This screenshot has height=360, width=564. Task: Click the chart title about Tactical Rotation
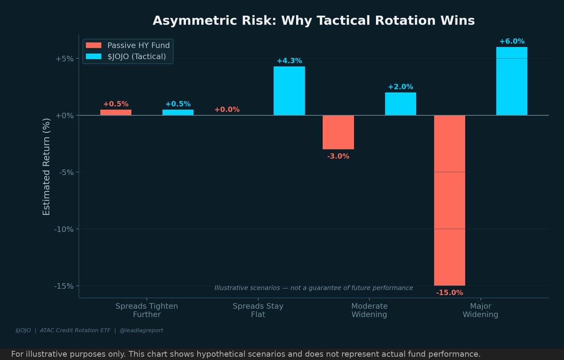pyautogui.click(x=313, y=21)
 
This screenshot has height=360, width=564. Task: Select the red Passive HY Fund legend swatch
pyautogui.click(x=94, y=45)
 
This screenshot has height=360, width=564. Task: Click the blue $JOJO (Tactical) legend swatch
pyautogui.click(x=94, y=57)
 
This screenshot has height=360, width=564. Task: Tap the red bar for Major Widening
pyautogui.click(x=449, y=200)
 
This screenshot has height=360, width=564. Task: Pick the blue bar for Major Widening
pyautogui.click(x=511, y=81)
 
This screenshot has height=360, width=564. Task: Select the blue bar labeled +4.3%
pyautogui.click(x=289, y=91)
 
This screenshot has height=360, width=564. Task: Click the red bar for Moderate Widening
pyautogui.click(x=338, y=132)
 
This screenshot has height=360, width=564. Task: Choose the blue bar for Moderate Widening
pyautogui.click(x=400, y=104)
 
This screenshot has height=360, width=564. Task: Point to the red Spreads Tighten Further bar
pyautogui.click(x=116, y=112)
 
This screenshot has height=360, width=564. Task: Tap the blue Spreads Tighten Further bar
pyautogui.click(x=178, y=112)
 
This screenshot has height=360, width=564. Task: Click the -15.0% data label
pyautogui.click(x=449, y=292)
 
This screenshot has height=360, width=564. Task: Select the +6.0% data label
pyautogui.click(x=511, y=41)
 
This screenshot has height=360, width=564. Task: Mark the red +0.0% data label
pyautogui.click(x=227, y=110)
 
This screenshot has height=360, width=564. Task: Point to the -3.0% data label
pyautogui.click(x=338, y=156)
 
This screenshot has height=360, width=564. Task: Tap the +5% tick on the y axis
pyautogui.click(x=65, y=59)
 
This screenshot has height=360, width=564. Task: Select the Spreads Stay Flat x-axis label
pyautogui.click(x=258, y=310)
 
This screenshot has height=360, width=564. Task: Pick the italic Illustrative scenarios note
pyautogui.click(x=313, y=288)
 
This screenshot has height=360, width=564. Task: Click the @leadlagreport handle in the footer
pyautogui.click(x=141, y=330)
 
